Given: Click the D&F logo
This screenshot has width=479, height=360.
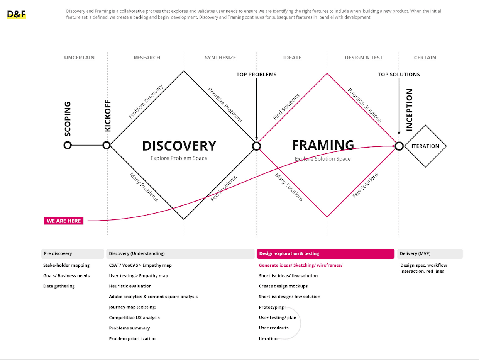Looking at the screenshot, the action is click(16, 15).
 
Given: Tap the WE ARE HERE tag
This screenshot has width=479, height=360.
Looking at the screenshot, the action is click(64, 221).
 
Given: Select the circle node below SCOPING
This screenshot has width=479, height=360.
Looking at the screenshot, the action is click(68, 145).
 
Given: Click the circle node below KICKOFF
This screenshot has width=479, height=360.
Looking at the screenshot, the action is click(107, 145).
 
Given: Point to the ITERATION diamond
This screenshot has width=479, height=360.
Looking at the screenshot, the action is click(425, 146).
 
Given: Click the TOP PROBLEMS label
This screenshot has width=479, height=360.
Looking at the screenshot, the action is click(256, 75).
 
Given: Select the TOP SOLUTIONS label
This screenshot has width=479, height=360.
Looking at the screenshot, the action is click(399, 75).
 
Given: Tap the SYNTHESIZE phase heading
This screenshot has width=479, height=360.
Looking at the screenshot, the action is click(220, 58).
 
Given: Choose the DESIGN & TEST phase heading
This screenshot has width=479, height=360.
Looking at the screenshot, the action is click(364, 58).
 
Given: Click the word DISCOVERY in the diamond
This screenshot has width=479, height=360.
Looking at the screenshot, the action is click(179, 146).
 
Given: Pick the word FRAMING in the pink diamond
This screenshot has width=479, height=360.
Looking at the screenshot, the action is click(323, 145).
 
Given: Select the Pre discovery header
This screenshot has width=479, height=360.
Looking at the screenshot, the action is click(73, 254).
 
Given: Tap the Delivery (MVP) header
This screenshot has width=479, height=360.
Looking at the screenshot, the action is click(430, 254).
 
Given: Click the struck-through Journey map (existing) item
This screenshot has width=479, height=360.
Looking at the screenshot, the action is click(132, 307).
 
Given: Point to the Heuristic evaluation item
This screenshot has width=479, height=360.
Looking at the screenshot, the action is click(130, 286).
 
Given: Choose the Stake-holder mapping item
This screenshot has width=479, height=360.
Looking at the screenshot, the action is click(66, 265).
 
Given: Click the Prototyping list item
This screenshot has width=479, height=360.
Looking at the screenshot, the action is click(271, 307).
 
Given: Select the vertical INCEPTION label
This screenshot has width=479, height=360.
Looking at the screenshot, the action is click(409, 110).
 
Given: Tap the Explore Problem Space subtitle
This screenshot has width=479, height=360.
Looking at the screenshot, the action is click(179, 158).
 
